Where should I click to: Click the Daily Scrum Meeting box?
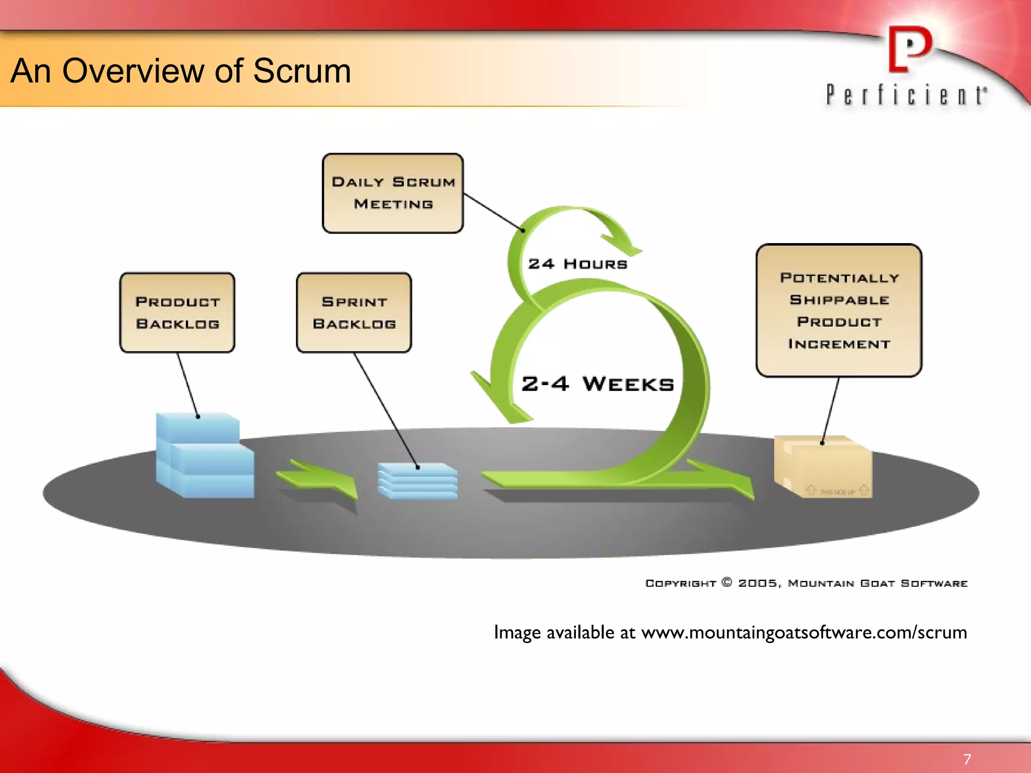coord(393,193)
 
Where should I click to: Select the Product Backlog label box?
coord(177,313)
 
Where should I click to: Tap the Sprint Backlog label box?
coord(354,313)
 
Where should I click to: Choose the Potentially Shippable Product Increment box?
coord(839,311)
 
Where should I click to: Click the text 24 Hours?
coord(577,264)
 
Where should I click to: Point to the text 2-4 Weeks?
coord(598,384)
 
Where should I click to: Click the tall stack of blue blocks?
coord(204,455)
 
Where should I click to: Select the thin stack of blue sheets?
coord(418,481)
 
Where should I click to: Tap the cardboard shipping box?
coord(824,467)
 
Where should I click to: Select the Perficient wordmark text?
coord(906,95)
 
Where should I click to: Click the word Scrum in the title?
coord(302,71)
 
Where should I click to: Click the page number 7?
coord(967,759)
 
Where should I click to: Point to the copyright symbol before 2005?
coord(726,582)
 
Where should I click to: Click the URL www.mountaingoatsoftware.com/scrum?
coord(804,632)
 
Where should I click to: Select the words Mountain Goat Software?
coord(877,583)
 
